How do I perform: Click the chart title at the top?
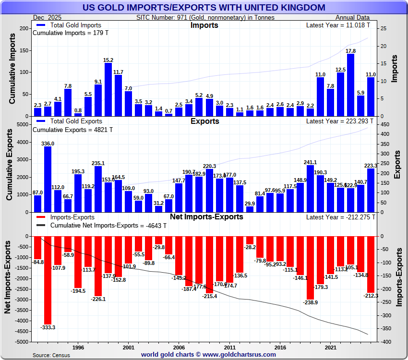(204, 8)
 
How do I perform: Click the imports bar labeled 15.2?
(108, 89)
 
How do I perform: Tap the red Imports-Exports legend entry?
(72, 217)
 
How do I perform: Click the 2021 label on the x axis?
(330, 347)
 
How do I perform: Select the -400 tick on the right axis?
(384, 342)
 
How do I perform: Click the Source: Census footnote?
(51, 355)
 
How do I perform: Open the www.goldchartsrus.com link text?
(240, 355)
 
